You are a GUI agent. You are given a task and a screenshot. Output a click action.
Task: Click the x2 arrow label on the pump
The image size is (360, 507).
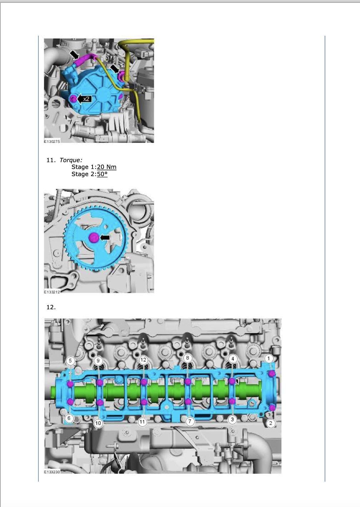84,99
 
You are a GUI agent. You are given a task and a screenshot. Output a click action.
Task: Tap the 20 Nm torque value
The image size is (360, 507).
107,167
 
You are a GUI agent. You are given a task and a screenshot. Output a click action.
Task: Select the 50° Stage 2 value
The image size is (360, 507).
102,174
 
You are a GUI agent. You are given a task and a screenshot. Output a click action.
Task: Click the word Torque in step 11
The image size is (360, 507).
71,160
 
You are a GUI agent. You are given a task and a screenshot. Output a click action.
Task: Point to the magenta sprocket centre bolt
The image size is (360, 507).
94,237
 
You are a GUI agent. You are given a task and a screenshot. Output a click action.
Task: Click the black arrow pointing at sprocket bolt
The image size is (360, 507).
105,237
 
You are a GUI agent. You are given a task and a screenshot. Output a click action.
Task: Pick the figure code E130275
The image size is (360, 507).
52,141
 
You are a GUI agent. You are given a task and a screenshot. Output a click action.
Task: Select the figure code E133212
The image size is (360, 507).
52,292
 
